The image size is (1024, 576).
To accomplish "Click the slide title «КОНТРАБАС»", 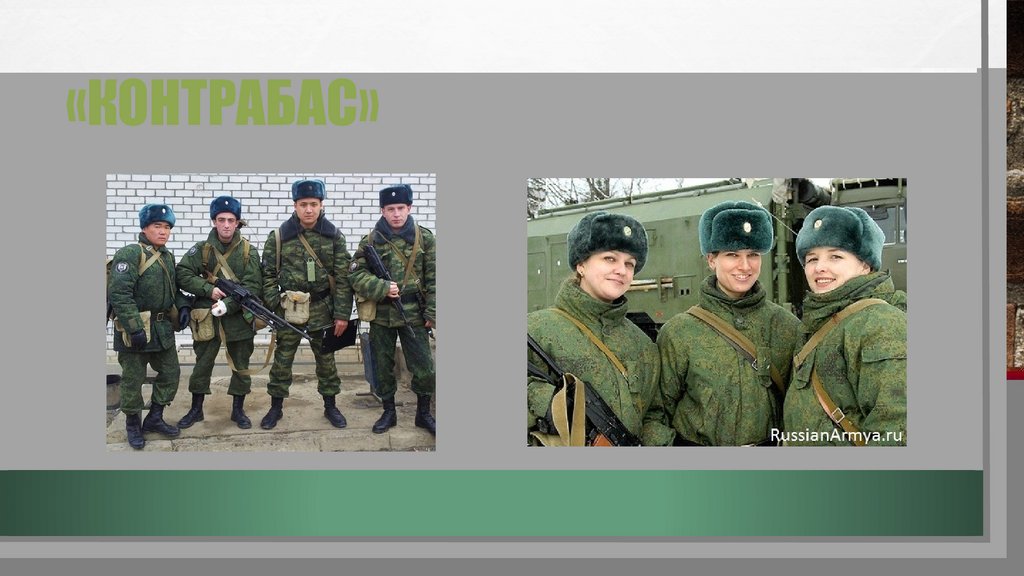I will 222,105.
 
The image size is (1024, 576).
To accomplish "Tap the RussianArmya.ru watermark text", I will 836,435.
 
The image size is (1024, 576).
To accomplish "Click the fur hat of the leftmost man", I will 156,214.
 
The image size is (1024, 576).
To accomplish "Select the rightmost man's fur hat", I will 395,194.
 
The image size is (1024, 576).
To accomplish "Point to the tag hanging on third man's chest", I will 311,269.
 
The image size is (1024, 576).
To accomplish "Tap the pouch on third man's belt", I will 295,305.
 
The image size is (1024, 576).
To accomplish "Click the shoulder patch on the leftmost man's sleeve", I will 121,268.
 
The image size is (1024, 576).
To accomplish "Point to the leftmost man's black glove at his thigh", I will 138,339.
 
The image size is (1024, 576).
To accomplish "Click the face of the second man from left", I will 226,226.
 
